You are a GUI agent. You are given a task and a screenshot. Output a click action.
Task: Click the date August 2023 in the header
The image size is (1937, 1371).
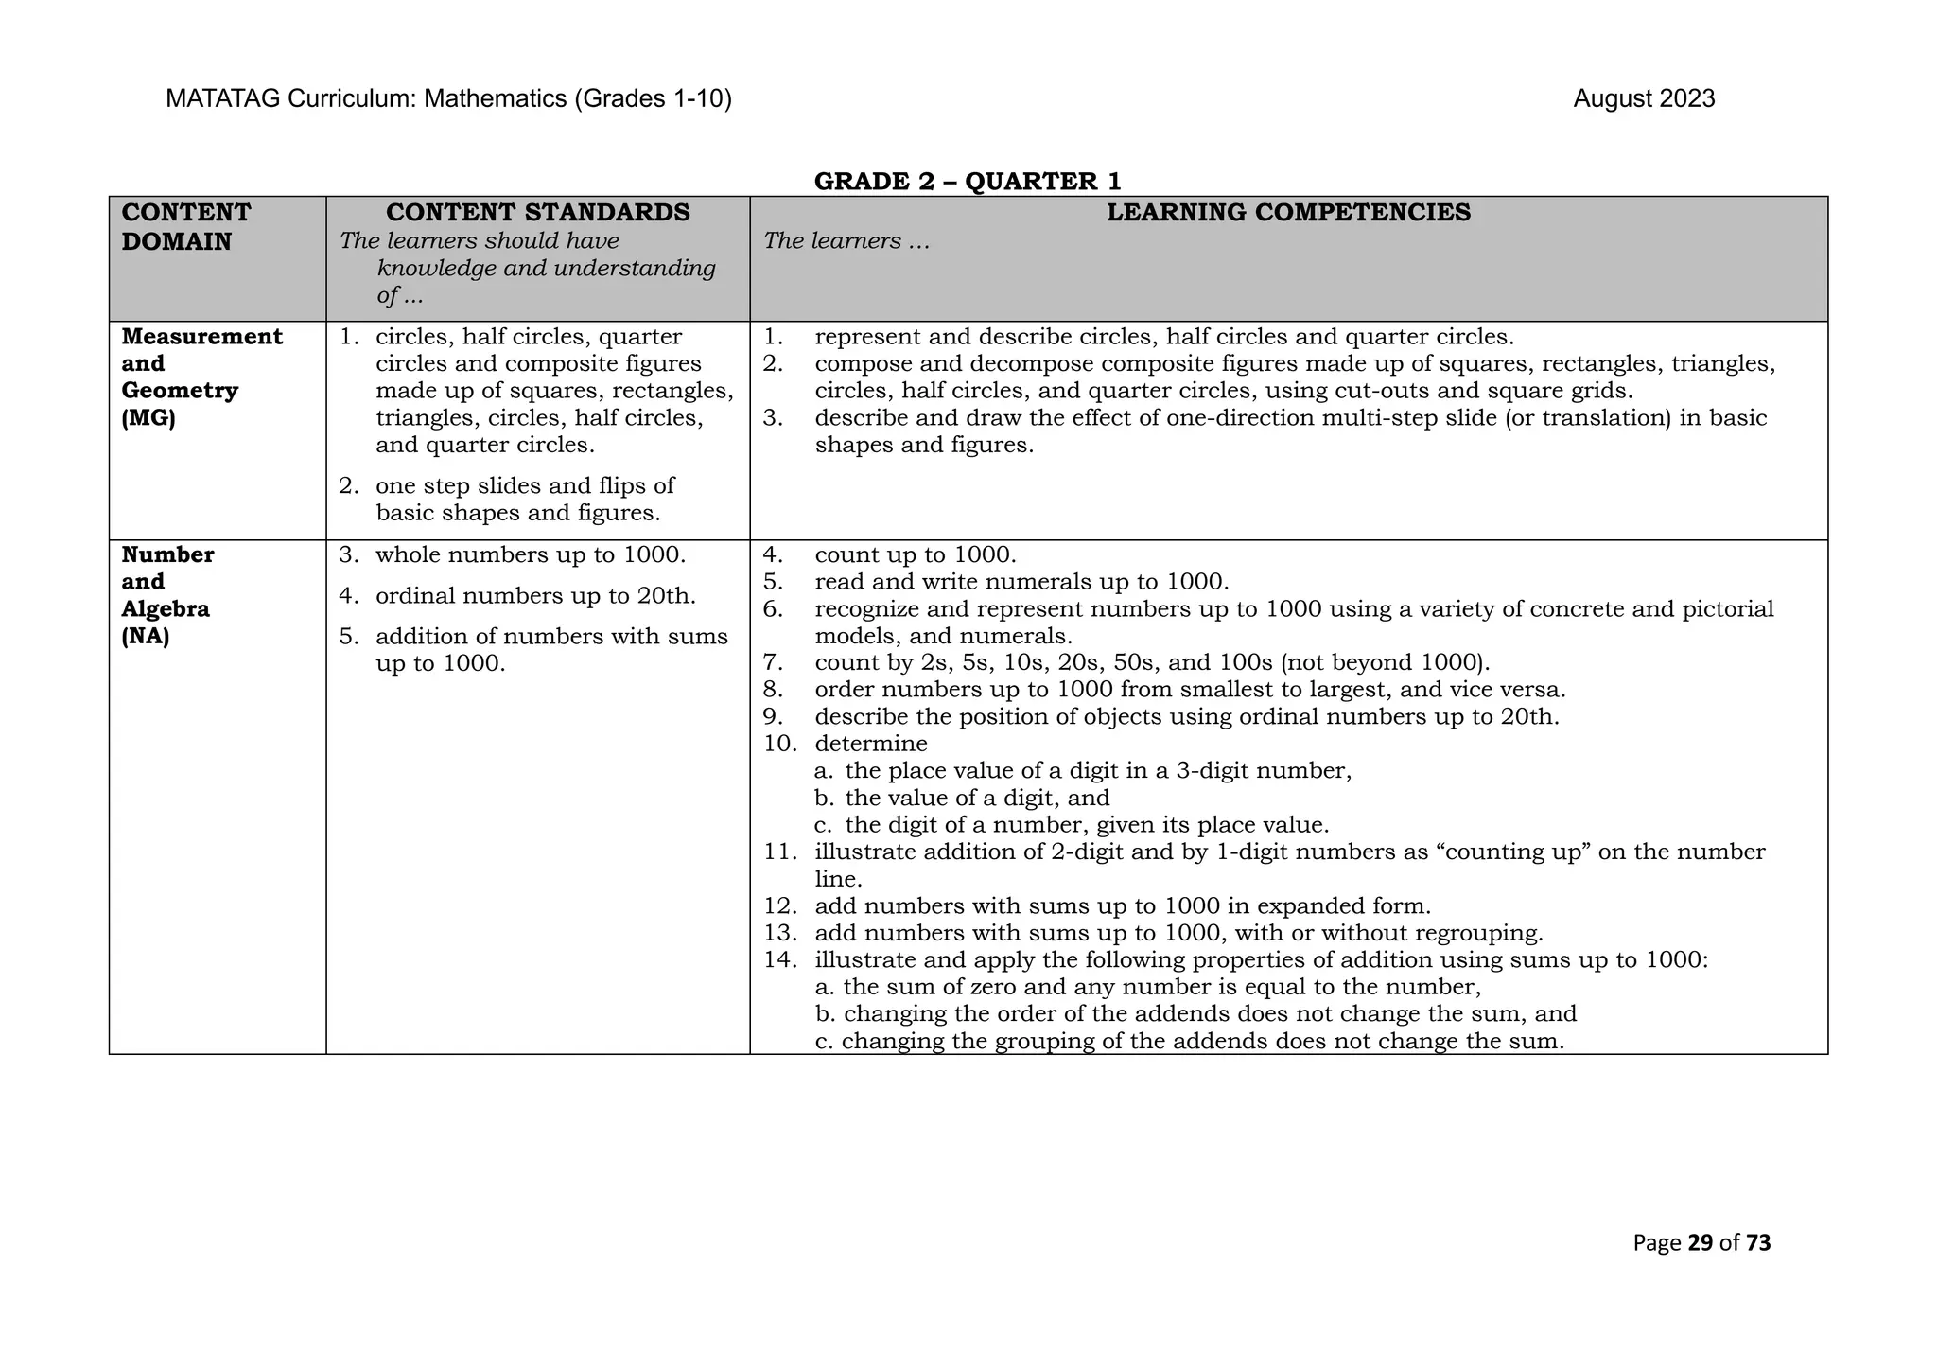pos(1643,98)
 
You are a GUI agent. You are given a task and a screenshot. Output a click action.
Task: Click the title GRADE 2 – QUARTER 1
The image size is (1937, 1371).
pos(968,181)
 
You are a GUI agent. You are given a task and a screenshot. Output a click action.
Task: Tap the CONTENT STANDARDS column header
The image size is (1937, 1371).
pos(537,212)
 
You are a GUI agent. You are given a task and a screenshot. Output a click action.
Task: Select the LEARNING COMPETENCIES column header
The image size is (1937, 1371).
pos(1288,212)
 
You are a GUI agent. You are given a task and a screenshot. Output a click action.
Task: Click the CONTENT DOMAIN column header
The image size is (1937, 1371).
pos(186,226)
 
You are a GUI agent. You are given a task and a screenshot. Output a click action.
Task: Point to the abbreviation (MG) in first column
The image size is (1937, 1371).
pos(148,418)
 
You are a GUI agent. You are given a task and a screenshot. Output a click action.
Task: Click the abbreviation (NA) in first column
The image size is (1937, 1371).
pos(146,636)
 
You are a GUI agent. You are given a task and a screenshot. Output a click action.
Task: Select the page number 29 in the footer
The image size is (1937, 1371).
pos(1700,1242)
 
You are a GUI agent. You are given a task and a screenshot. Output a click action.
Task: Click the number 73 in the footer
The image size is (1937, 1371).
pos(1758,1242)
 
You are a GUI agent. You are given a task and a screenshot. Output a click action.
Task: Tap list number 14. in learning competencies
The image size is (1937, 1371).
pos(780,959)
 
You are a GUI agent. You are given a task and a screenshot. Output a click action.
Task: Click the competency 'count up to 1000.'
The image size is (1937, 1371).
pos(915,554)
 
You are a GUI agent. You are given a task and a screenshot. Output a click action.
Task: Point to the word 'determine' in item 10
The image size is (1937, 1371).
pos(870,743)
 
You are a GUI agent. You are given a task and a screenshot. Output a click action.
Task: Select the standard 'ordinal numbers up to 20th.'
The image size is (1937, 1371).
pos(534,596)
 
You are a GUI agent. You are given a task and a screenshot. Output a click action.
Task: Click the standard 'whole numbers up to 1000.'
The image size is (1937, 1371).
pos(530,554)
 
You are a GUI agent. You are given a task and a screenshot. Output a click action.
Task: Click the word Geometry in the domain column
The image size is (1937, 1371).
pos(180,391)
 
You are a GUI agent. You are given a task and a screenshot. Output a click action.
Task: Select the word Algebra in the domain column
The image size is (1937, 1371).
pos(166,608)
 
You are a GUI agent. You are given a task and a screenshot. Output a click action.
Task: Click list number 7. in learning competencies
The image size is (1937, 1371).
pos(773,662)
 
